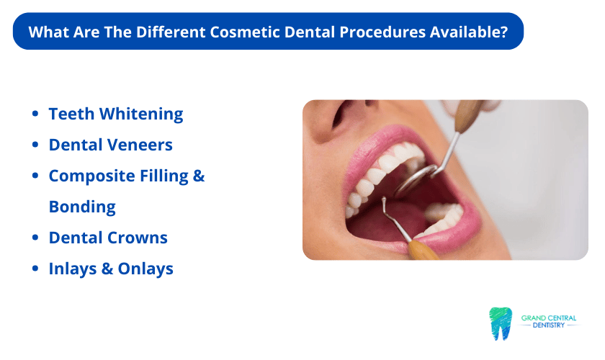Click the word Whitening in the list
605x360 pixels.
tap(141, 114)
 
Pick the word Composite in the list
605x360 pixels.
tap(92, 176)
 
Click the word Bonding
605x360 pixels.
tap(82, 207)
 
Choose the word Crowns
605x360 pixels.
tap(138, 238)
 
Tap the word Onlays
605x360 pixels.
tap(145, 269)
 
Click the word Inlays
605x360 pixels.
tap(73, 269)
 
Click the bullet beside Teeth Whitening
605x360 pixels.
tap(35, 114)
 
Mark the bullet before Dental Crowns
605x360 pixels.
tap(35, 238)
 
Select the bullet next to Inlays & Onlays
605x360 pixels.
tap(35, 268)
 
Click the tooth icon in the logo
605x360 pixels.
tap(501, 323)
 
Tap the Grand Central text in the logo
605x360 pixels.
tap(548, 318)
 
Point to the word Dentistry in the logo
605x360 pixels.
tap(548, 325)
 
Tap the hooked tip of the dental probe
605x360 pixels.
tap(384, 201)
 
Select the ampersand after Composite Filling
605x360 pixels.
tap(198, 176)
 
